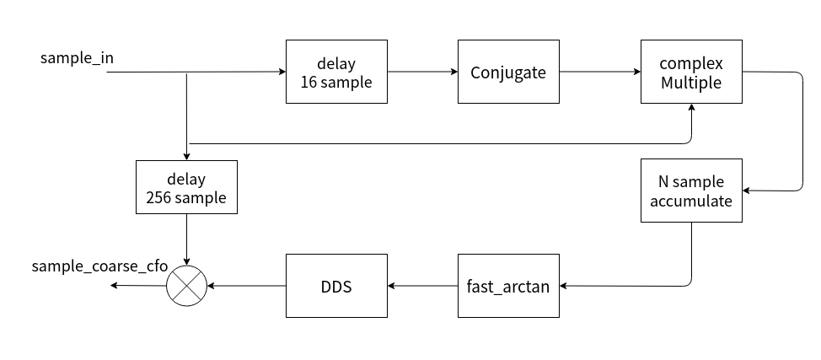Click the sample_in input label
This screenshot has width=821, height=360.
point(77,58)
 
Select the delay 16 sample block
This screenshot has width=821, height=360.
point(337,72)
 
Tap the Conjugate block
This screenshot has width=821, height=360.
point(508,72)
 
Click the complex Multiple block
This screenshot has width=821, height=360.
point(691,72)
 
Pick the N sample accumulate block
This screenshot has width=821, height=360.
point(691,191)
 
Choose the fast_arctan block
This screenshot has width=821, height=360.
point(508,286)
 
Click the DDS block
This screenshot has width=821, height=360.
point(337,286)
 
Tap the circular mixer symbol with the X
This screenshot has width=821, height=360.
point(186,286)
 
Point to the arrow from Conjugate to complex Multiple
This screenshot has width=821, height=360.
point(599,72)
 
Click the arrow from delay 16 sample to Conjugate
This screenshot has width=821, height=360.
point(422,72)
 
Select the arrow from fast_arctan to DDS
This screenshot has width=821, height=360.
point(422,286)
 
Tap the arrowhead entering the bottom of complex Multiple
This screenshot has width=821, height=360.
point(691,109)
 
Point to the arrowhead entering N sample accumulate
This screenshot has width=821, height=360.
point(748,191)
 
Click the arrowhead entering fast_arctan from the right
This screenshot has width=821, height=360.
point(564,286)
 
